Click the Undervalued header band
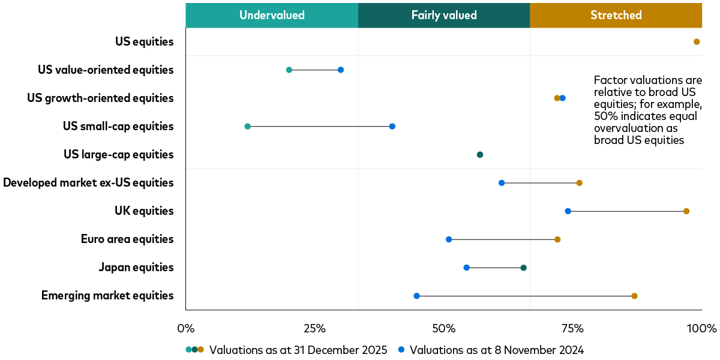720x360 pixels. pyautogui.click(x=272, y=15)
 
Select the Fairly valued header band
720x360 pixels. pyautogui.click(x=444, y=15)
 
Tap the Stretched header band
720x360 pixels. pyautogui.click(x=616, y=15)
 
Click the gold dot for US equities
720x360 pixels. pyautogui.click(x=697, y=42)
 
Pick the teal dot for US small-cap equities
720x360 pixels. pyautogui.click(x=247, y=127)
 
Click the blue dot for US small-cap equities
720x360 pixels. pyautogui.click(x=392, y=127)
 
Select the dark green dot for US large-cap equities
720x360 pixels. pyautogui.click(x=479, y=155)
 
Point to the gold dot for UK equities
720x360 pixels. pyautogui.click(x=686, y=211)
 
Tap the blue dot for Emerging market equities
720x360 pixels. pyautogui.click(x=416, y=296)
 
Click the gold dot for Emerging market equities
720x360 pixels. pyautogui.click(x=634, y=296)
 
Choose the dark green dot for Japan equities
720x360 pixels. pyautogui.click(x=523, y=268)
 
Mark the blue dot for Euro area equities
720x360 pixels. pyautogui.click(x=449, y=239)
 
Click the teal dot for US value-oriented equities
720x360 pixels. pyautogui.click(x=289, y=70)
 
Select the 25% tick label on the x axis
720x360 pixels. pyautogui.click(x=314, y=329)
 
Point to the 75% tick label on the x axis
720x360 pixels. pyautogui.click(x=572, y=329)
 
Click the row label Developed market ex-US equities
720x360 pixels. pyautogui.click(x=88, y=182)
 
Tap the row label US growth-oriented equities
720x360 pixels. pyautogui.click(x=100, y=98)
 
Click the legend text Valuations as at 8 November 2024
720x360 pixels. pyautogui.click(x=496, y=349)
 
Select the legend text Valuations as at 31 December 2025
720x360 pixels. pyautogui.click(x=298, y=349)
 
